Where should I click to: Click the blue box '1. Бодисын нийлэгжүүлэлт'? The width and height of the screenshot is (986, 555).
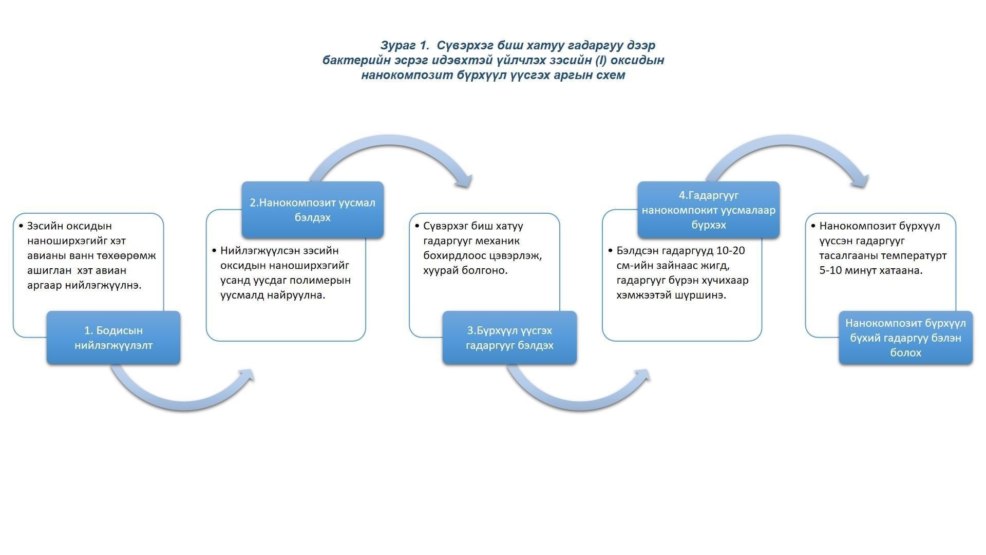point(113,338)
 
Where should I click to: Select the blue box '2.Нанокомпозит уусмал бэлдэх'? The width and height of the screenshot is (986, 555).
point(312,210)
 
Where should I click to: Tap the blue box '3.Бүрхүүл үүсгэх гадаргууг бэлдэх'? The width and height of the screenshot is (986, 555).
point(509,338)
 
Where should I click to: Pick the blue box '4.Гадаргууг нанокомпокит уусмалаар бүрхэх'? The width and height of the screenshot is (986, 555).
point(708,210)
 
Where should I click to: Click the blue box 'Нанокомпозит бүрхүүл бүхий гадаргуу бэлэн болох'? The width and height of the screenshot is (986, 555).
point(905,338)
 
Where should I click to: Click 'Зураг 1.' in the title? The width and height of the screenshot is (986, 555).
point(405,45)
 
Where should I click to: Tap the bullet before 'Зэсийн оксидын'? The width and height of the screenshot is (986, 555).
point(21,226)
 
